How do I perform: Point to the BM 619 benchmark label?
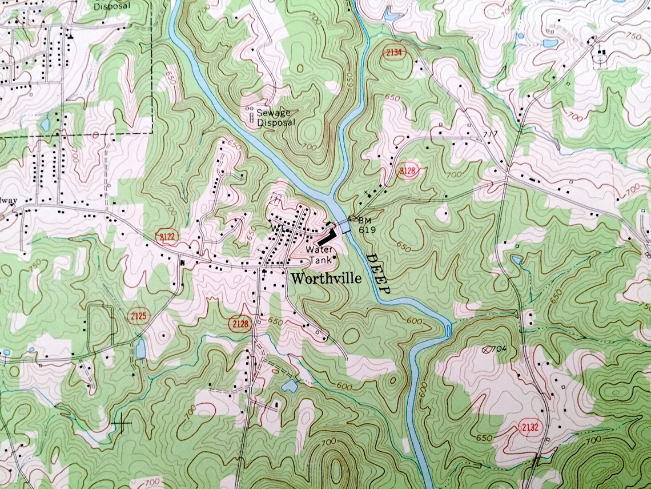click(365, 224)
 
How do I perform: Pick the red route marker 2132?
click(531, 427)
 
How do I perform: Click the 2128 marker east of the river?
click(408, 170)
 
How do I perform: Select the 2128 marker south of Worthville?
click(240, 324)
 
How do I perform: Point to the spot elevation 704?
click(501, 348)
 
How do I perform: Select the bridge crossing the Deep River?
click(345, 227)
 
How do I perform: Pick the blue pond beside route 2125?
click(140, 349)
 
